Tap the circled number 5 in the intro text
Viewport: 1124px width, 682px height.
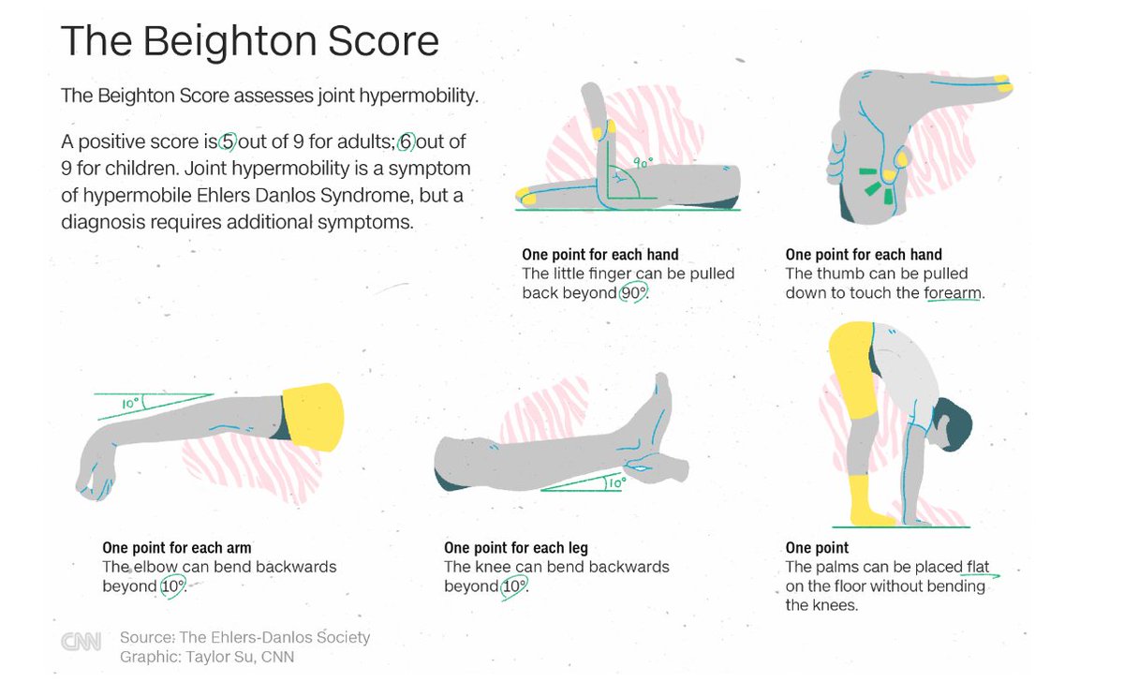228,142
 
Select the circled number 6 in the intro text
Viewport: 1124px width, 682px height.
407,142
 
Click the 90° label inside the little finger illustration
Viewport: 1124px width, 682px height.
642,161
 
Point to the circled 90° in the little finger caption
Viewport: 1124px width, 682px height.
633,293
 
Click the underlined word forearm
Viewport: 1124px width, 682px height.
954,293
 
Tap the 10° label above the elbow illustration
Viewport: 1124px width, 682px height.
130,405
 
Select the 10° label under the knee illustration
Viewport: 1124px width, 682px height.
614,484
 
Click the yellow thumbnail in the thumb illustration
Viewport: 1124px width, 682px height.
1003,87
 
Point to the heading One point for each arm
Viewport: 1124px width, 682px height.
176,548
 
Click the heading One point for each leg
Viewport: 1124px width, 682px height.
515,548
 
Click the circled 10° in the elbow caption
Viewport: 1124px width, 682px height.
172,586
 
